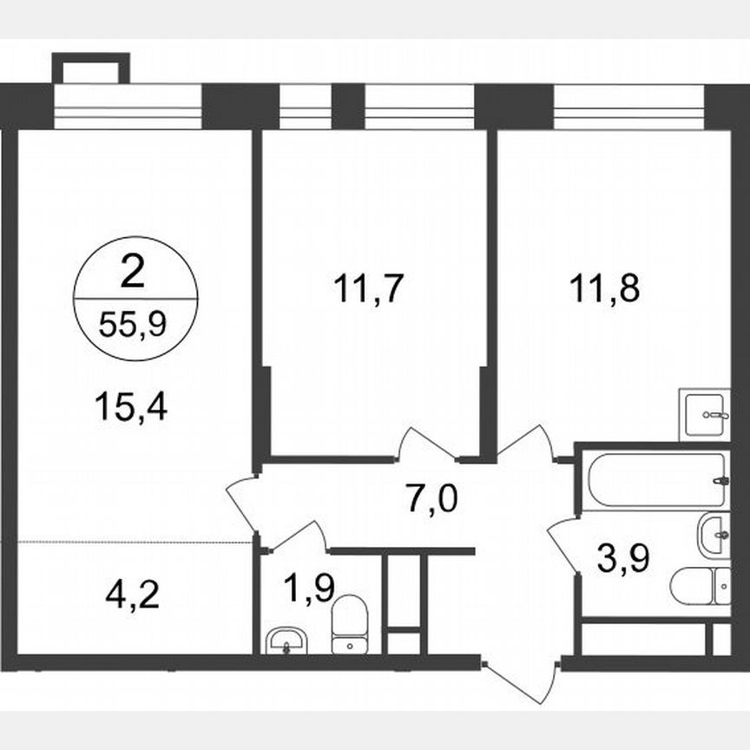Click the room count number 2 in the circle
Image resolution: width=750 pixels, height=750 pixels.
pos(133,273)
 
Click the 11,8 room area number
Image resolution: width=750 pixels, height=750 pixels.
pos(605,288)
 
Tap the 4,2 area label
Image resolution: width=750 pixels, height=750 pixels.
pos(133,596)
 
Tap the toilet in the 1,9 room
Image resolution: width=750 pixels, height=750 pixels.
pos(351,622)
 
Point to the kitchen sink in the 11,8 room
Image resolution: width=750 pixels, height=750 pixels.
pos(703,414)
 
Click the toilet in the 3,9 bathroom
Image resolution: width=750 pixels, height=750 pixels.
pos(700,586)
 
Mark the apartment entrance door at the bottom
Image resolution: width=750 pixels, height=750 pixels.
pos(519,677)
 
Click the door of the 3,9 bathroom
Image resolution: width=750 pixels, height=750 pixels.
pos(564,543)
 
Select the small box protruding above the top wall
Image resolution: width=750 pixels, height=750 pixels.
pos(90,68)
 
